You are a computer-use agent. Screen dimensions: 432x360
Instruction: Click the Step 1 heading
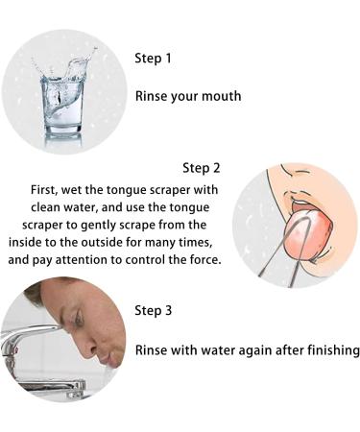pyautogui.click(x=154, y=59)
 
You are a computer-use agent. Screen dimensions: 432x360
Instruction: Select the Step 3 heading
pyautogui.click(x=154, y=310)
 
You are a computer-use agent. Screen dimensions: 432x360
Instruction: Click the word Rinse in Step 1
pyautogui.click(x=153, y=96)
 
